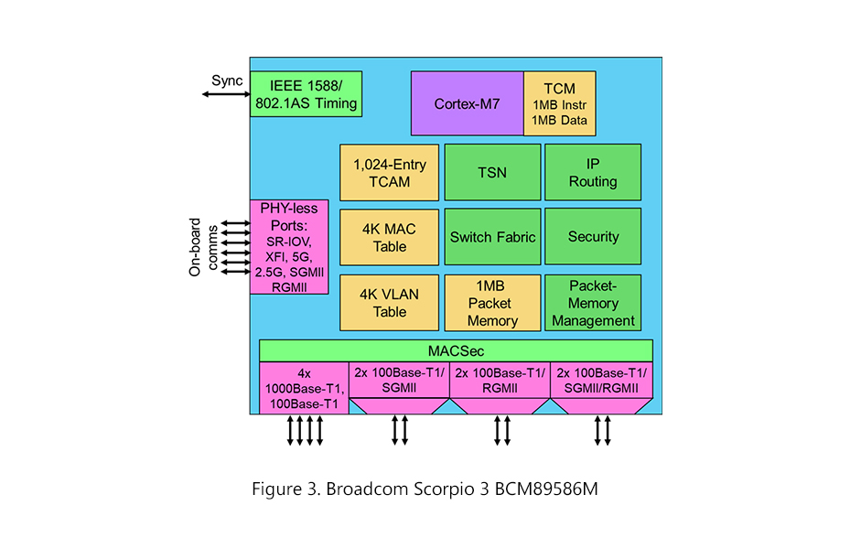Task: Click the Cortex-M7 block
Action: (467, 103)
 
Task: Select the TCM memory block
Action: (559, 103)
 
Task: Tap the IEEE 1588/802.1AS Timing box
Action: (306, 93)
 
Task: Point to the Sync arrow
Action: (220, 93)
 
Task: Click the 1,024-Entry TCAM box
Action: (389, 172)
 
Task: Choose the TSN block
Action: (492, 172)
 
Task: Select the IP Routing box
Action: (593, 172)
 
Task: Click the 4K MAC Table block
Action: (389, 237)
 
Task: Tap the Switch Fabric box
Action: (492, 237)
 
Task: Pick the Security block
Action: (593, 237)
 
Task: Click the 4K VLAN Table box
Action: (389, 302)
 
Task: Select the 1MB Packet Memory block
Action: (492, 302)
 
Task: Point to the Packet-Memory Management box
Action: (593, 302)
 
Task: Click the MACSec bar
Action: (456, 350)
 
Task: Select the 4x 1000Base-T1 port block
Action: (303, 387)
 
